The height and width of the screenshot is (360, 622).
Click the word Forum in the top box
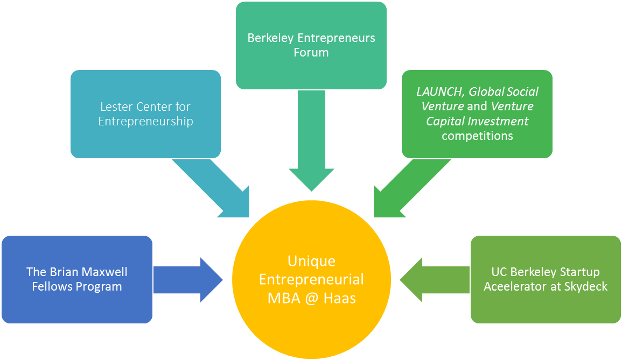coord(311,53)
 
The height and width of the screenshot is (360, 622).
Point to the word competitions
coord(477,136)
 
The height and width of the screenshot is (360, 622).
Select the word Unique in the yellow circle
coord(311,262)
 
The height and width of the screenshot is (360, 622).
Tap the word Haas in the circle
coord(340,298)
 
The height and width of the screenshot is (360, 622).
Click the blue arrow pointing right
coord(188,279)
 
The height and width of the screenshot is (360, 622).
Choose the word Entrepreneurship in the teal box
coord(145,121)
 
